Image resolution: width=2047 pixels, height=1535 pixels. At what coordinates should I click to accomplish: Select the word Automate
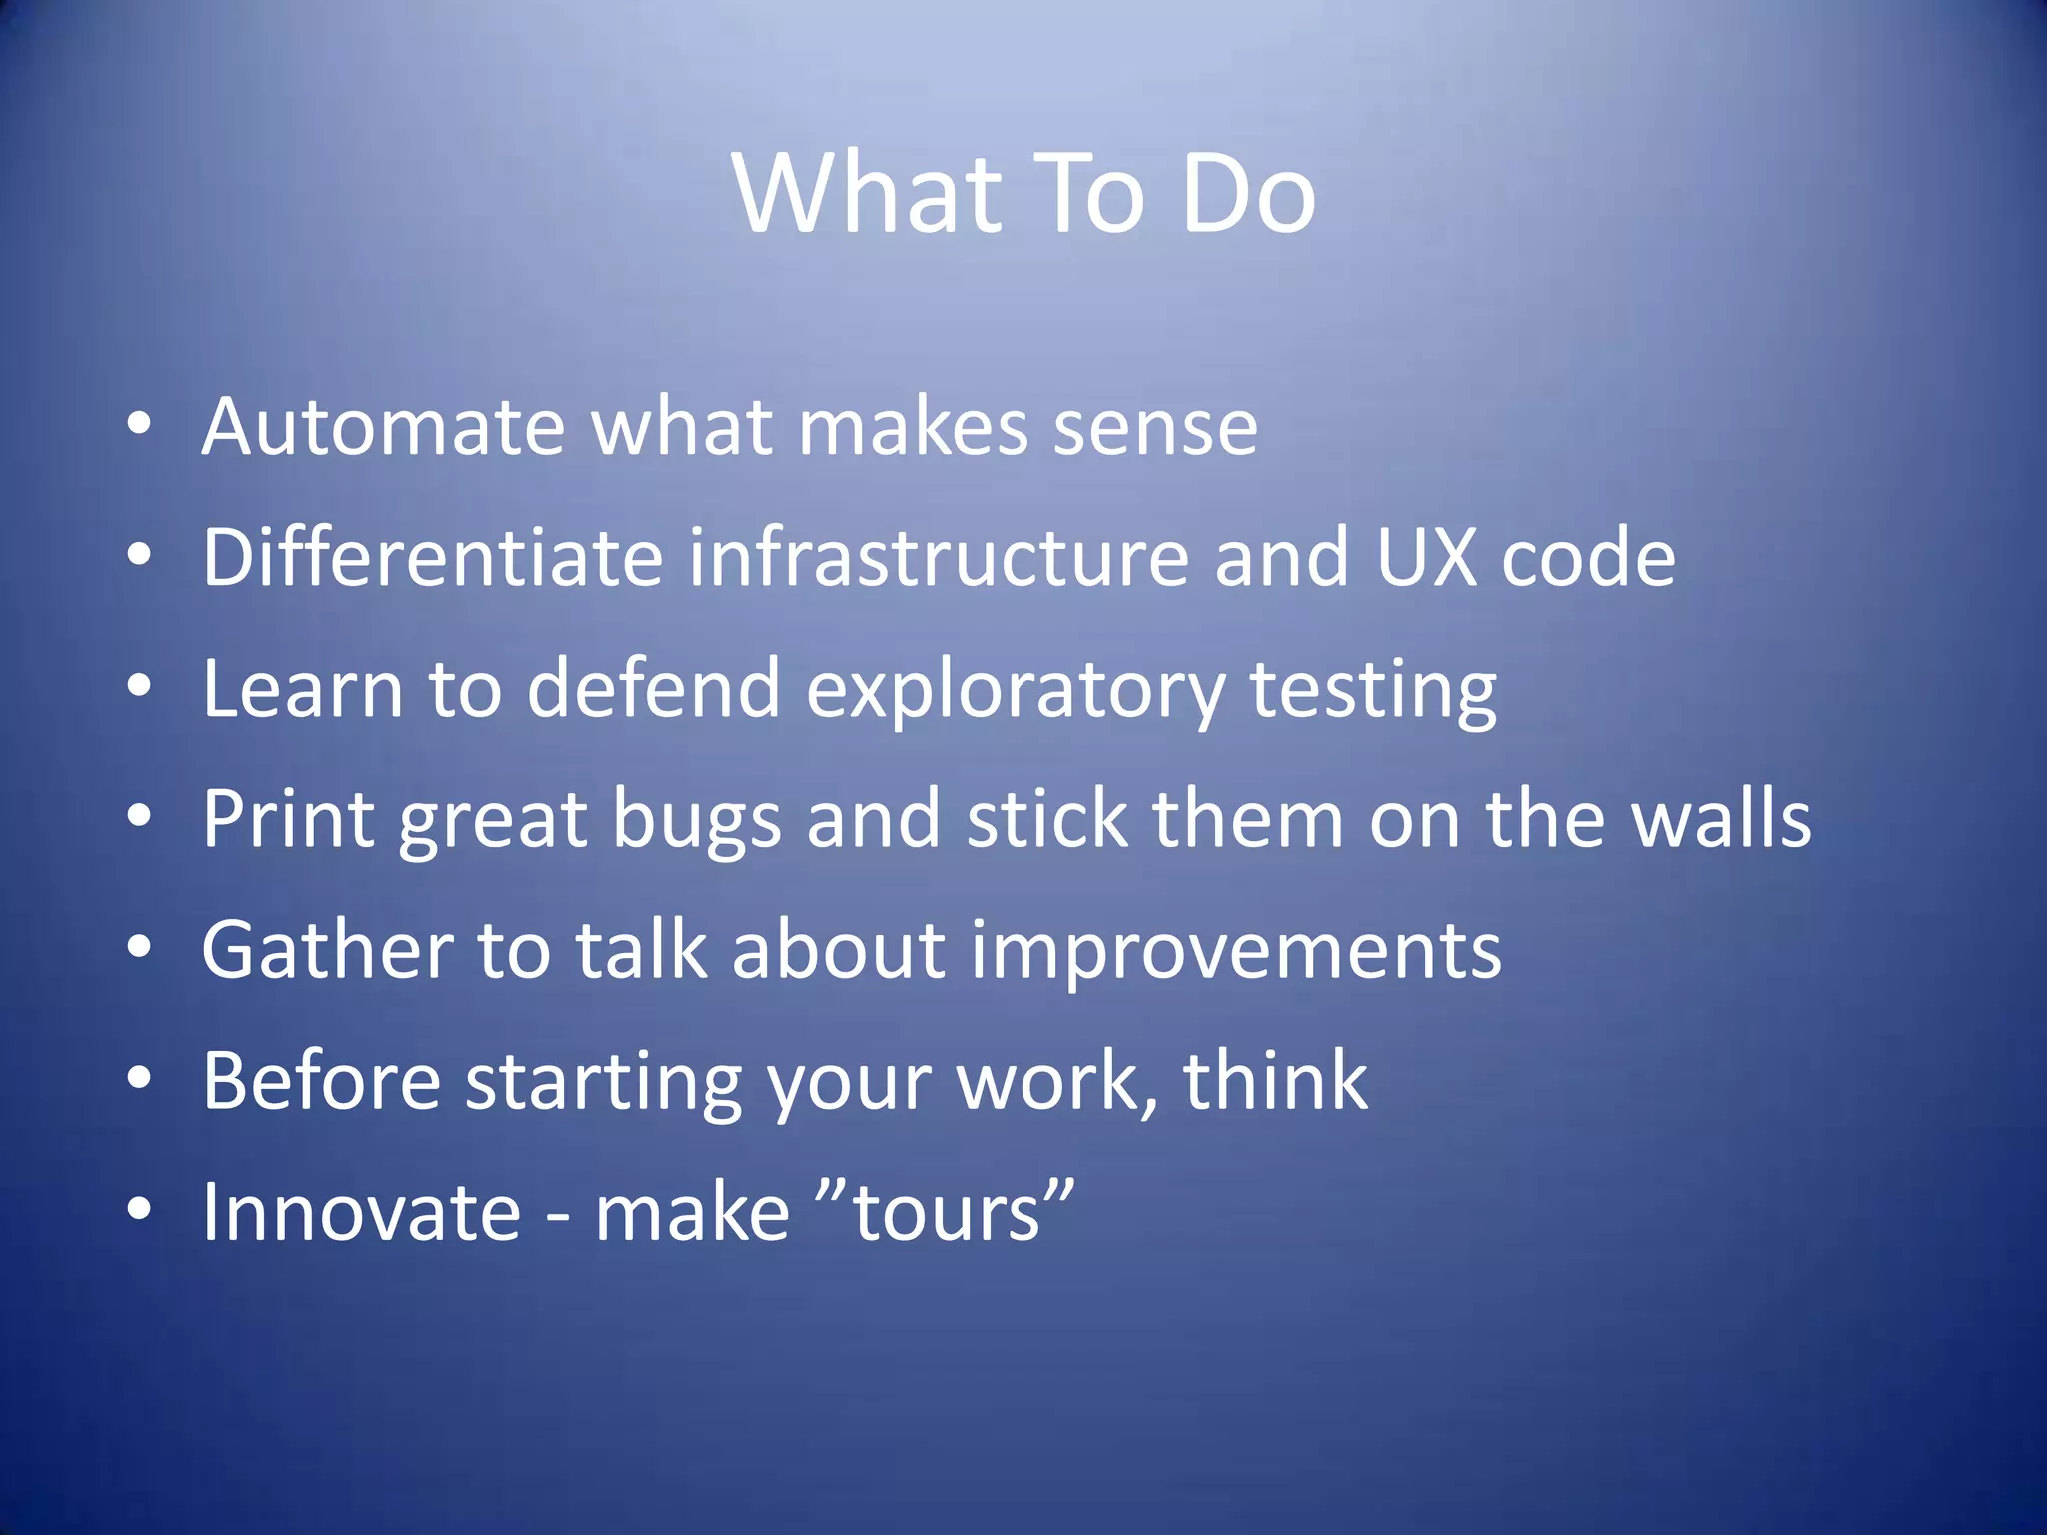pos(384,427)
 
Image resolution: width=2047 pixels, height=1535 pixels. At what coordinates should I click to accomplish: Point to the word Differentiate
pos(432,557)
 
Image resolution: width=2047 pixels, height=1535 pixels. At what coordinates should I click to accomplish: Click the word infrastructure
pos(939,557)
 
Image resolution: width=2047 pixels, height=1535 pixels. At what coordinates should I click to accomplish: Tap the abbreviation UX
pos(1426,557)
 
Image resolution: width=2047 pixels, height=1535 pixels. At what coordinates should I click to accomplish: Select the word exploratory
pos(1016,690)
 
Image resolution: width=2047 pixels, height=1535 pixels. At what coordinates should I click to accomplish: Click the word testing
pos(1373,690)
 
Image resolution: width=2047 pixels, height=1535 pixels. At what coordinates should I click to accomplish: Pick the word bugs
pos(696,820)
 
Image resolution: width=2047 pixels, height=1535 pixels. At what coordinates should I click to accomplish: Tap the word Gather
pos(327,949)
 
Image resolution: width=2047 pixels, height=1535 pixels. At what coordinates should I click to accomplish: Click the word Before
pos(321,1080)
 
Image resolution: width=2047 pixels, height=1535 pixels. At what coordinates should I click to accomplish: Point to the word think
pos(1275,1080)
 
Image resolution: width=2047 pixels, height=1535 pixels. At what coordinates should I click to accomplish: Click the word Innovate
pos(361,1212)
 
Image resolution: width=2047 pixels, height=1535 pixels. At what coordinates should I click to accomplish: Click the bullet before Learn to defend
pos(140,687)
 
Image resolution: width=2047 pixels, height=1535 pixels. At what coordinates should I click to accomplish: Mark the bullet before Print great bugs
pos(140,817)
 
